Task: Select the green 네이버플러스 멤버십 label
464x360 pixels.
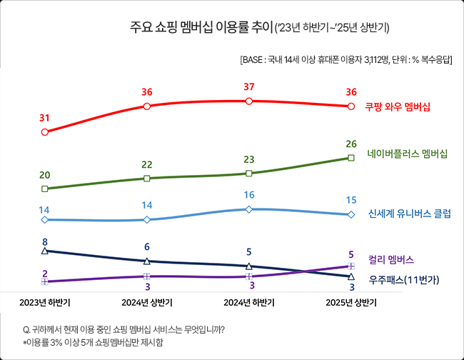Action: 408,154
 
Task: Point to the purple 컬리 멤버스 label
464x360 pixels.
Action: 391,259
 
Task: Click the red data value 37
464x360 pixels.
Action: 248,86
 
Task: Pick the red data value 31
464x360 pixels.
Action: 45,117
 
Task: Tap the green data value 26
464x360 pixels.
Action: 350,144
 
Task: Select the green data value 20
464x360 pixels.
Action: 45,175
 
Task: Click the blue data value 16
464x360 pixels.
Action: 248,195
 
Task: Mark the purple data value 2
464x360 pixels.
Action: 45,274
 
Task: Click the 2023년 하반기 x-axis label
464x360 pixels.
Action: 45,303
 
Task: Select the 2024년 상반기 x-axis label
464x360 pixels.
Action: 147,303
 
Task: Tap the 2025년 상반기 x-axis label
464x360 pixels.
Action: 350,303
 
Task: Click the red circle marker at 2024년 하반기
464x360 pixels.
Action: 248,101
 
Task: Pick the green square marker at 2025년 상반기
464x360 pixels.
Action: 350,158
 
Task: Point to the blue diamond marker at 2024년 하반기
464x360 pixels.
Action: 248,209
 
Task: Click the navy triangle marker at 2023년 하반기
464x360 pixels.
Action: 45,251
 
